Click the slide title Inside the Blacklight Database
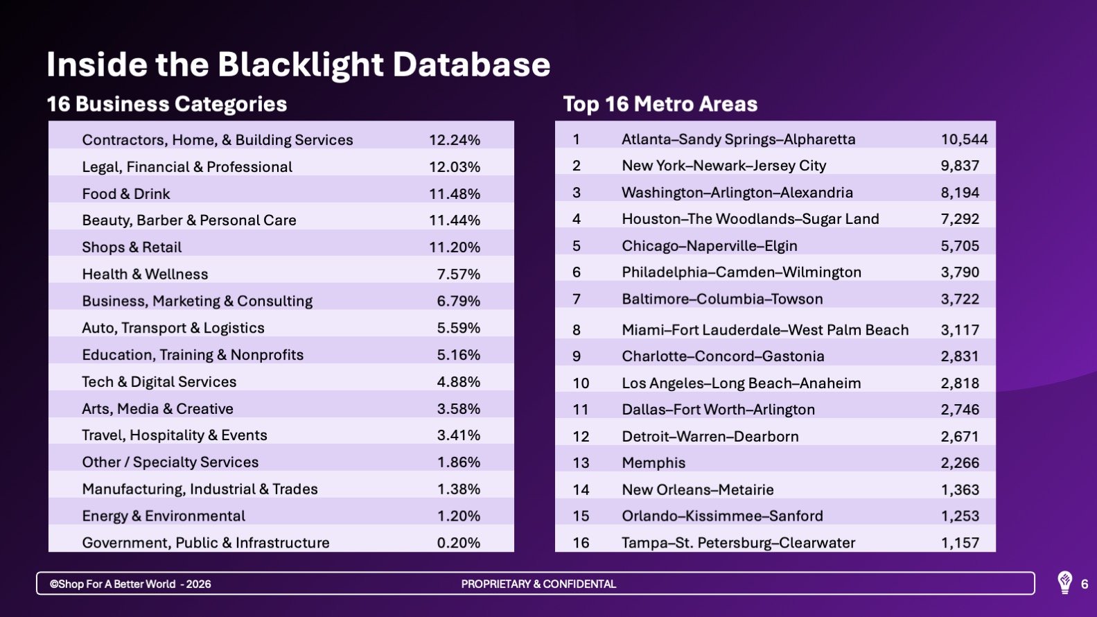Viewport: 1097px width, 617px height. click(298, 64)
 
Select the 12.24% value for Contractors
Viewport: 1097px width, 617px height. click(455, 140)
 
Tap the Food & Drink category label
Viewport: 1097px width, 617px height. click(126, 194)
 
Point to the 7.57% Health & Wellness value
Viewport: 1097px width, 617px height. click(458, 275)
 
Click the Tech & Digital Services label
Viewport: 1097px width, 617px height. click(159, 382)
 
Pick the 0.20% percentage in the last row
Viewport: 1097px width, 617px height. click(458, 543)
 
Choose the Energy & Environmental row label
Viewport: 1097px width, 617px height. click(164, 516)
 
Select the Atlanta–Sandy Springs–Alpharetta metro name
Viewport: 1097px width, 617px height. click(739, 139)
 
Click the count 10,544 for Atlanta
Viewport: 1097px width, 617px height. click(964, 139)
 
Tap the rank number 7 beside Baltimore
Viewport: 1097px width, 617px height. click(577, 299)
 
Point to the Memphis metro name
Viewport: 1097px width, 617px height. click(653, 463)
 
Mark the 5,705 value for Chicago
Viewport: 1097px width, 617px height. click(960, 246)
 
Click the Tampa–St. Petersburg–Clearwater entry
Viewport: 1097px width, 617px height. click(739, 543)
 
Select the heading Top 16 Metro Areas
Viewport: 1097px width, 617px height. click(660, 104)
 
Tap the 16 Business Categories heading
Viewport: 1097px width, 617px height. click(166, 105)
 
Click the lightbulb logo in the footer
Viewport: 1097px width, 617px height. click(1064, 583)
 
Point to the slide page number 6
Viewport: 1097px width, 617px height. click(1085, 584)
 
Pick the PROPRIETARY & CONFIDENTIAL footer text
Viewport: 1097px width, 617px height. click(538, 584)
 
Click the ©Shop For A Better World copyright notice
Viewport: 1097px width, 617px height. click(130, 584)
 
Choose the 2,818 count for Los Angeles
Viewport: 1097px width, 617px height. click(960, 383)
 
